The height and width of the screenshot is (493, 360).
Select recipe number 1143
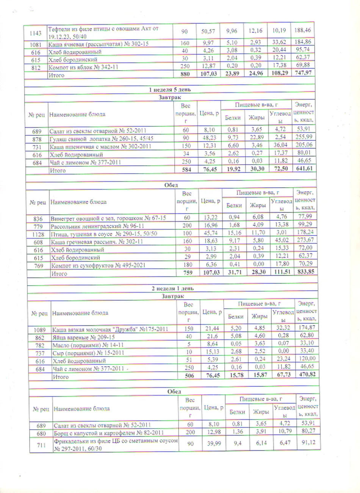click(36, 33)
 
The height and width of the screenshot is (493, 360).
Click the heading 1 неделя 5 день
click(170, 90)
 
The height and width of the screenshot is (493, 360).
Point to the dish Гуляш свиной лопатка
click(101, 138)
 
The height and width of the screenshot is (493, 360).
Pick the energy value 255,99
click(304, 137)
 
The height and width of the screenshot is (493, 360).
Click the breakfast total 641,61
click(304, 168)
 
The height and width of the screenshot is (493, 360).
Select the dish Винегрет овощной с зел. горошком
click(108, 218)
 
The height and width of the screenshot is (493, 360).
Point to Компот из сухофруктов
click(98, 265)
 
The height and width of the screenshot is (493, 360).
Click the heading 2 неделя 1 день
click(172, 289)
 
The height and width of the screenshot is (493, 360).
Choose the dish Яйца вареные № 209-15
click(84, 337)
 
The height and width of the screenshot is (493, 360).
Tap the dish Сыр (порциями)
click(88, 353)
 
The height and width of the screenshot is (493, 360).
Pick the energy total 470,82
click(307, 374)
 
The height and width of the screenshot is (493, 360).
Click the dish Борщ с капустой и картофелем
click(109, 433)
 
